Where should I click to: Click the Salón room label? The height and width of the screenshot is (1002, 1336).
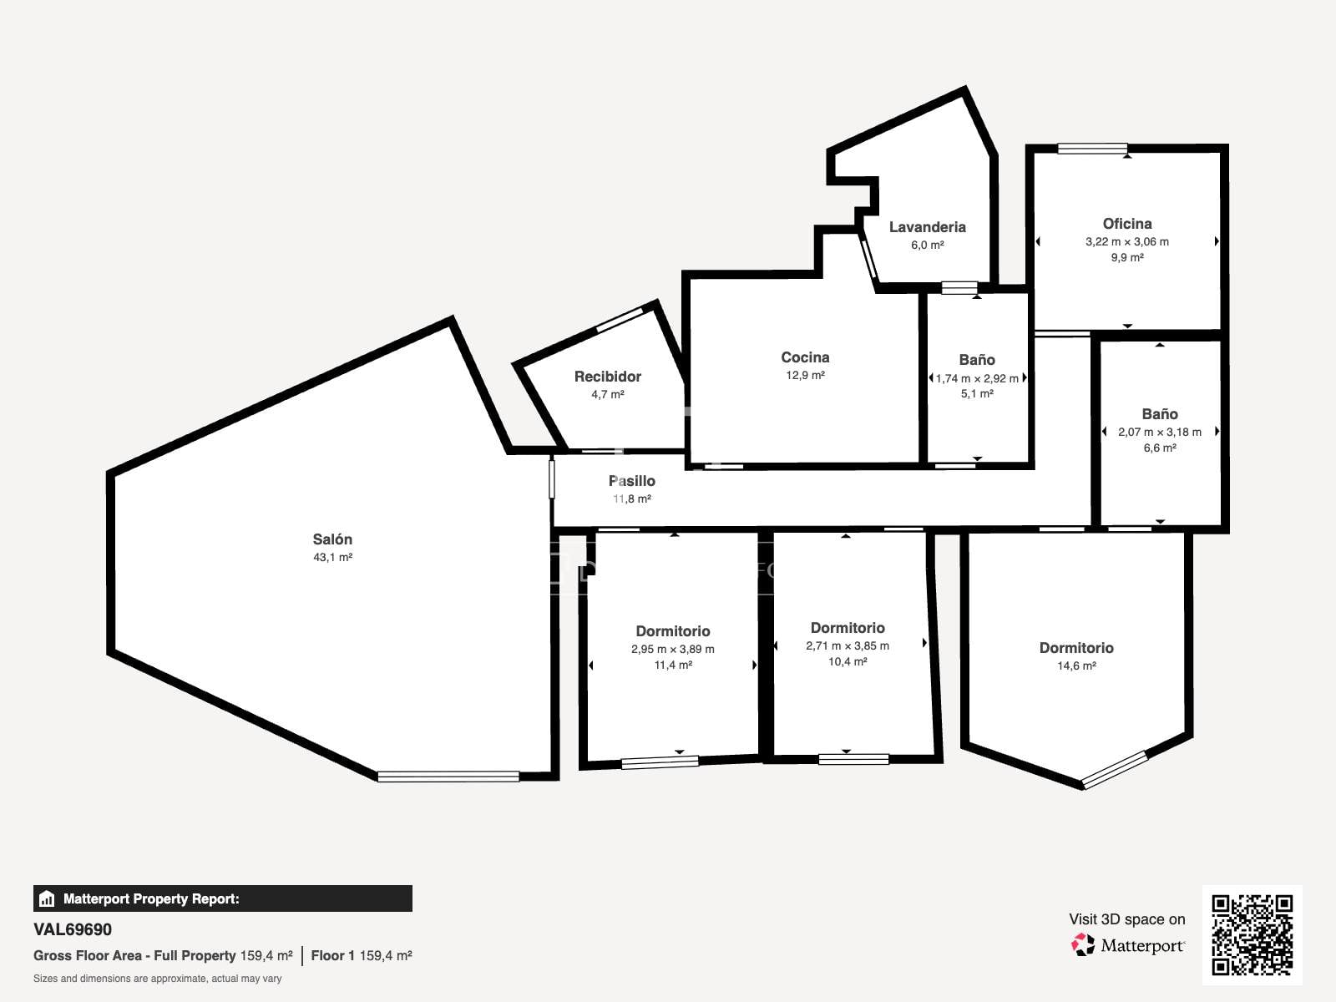332,539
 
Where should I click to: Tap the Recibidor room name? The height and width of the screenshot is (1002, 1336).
607,377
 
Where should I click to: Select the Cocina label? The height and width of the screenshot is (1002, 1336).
805,357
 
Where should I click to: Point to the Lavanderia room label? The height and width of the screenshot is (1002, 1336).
927,227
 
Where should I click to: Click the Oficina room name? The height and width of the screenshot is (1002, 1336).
1126,224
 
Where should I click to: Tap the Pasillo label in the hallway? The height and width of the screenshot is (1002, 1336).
632,481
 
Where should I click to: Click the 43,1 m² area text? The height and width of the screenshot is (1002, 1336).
332,557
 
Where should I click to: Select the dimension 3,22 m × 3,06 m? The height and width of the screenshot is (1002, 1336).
1126,241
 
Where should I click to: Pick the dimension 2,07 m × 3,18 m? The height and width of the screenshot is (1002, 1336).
1160,432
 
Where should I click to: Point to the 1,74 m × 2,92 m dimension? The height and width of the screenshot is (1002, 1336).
977,378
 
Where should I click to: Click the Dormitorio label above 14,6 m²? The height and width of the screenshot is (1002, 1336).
1076,648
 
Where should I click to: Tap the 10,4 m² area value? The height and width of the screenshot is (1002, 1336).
848,661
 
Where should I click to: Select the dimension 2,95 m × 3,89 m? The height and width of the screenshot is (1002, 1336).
672,649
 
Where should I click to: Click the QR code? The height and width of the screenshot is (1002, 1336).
1252,935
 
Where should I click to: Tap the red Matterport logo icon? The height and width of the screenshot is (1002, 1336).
1083,945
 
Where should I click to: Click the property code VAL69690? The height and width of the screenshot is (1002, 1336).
73,929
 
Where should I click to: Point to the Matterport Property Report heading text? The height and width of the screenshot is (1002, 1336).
151,898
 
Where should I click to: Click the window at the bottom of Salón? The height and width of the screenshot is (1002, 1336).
448,777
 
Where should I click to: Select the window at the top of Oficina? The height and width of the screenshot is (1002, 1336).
1092,149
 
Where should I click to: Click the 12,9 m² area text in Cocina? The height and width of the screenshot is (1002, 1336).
805,376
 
